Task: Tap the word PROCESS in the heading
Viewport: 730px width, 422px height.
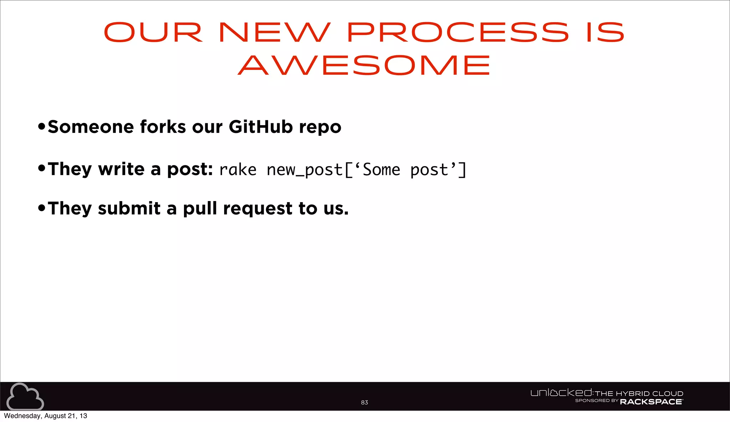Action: point(458,32)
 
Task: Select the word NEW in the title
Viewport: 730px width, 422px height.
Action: point(274,32)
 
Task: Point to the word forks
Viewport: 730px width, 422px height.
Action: point(163,127)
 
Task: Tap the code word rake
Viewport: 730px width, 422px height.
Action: point(238,170)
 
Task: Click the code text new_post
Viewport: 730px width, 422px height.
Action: point(304,170)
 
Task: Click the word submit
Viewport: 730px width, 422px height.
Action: point(129,208)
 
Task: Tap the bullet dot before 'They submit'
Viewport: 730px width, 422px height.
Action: point(42,207)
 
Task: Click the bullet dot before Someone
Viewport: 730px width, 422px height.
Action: point(42,126)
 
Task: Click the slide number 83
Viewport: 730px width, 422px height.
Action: point(364,402)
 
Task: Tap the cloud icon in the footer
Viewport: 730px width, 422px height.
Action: point(25,397)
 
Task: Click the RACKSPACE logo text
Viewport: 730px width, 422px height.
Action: point(651,402)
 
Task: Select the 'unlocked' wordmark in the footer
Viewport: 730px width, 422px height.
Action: point(561,393)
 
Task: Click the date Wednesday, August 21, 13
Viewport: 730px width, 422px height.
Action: point(45,416)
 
